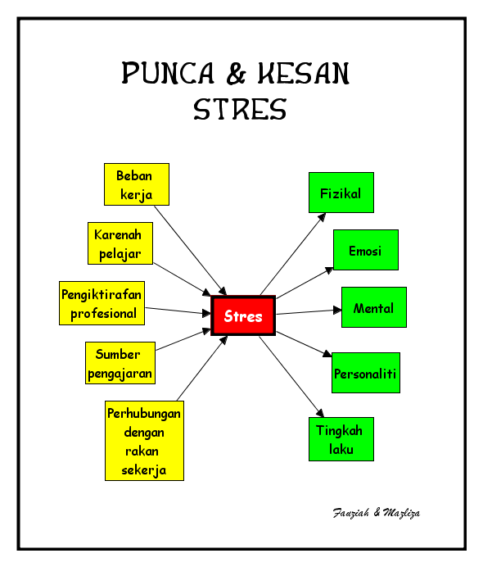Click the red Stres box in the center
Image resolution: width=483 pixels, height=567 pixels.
point(243,316)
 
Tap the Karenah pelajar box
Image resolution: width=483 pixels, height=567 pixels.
point(120,244)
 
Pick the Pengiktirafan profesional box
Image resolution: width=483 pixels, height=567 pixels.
point(102,303)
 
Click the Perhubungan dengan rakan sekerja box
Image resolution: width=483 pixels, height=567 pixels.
point(144,440)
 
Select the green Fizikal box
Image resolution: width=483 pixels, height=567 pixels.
point(341,193)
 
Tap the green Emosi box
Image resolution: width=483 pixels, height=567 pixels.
point(365,251)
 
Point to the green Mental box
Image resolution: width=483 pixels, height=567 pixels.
point(373,308)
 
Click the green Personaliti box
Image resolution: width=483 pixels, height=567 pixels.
point(365,374)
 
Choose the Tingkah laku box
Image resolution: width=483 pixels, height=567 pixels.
point(341,439)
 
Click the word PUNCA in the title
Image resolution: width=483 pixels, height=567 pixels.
point(166,75)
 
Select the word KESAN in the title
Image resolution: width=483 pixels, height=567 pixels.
point(304,75)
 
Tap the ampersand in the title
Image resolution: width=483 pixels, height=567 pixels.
point(237,75)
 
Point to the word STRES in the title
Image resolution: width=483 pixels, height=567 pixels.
point(240,109)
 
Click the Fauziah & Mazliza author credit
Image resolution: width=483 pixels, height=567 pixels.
point(377,513)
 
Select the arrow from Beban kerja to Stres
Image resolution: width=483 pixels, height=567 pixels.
point(190,250)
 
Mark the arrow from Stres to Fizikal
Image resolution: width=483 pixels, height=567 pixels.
point(293,253)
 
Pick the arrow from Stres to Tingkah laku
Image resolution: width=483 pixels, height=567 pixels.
point(292,377)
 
